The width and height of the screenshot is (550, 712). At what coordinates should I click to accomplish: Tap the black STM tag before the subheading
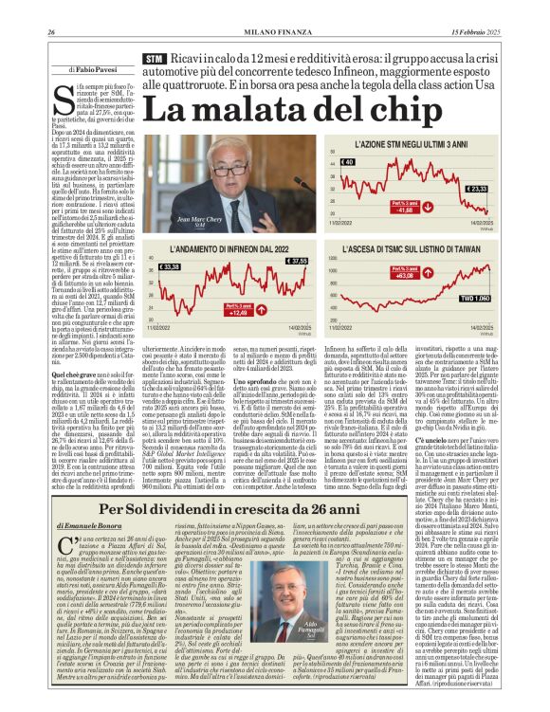[153, 59]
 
